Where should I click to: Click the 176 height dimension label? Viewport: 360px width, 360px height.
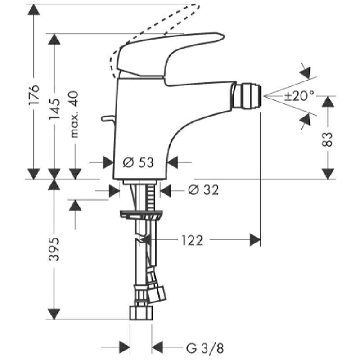34,95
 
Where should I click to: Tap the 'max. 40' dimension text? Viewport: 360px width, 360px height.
74,114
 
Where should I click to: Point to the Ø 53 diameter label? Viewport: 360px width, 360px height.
139,162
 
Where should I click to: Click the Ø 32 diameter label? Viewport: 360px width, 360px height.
203,190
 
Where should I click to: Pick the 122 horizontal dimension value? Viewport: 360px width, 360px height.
192,240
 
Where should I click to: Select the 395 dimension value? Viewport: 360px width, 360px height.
54,249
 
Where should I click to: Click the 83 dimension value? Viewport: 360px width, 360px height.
328,139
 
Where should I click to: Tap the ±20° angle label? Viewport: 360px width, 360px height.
299,96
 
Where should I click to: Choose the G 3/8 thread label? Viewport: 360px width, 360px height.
205,347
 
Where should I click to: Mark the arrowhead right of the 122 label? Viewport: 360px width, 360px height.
255,240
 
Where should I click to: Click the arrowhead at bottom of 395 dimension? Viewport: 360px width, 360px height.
54,314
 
